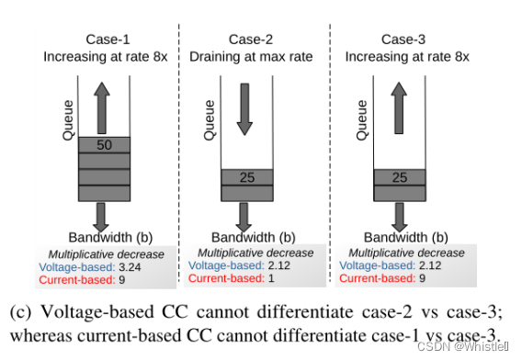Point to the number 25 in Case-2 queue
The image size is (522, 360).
pos(246,176)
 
